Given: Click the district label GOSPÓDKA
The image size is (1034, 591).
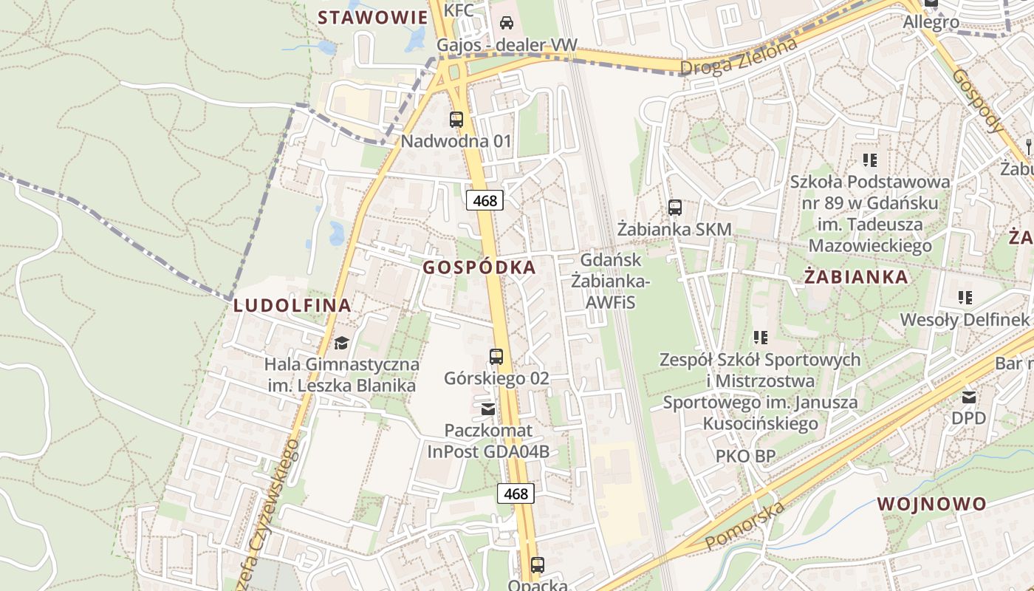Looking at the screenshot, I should (x=479, y=267).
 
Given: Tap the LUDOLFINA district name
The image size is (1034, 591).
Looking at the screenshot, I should (x=292, y=305).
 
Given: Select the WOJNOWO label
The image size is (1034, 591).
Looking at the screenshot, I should (x=931, y=505).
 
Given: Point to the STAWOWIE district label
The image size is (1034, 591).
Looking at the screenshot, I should (x=372, y=18).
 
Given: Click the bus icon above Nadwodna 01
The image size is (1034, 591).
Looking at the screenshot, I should (x=456, y=119).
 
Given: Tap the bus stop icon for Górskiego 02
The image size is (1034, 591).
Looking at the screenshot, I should (x=496, y=357).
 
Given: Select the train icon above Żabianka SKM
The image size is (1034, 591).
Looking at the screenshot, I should (x=675, y=208).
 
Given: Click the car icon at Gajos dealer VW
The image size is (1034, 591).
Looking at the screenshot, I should (x=507, y=23).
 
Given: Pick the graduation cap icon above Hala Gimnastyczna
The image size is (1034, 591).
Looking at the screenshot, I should (x=341, y=343).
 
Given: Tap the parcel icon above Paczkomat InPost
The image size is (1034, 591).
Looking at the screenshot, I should (x=488, y=409).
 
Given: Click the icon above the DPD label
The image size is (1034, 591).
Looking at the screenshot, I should (x=969, y=397).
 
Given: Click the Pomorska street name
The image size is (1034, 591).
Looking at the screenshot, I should (x=744, y=525).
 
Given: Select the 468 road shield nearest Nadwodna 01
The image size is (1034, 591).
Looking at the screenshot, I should (x=485, y=199).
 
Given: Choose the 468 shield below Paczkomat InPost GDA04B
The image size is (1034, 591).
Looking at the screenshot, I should (x=516, y=493).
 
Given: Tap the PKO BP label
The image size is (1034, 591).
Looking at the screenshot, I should (x=745, y=457).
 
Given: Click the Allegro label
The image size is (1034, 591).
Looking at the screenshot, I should (x=931, y=22).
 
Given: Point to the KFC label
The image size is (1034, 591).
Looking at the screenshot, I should (x=459, y=9).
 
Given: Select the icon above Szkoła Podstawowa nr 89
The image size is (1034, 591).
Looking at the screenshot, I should (x=869, y=160).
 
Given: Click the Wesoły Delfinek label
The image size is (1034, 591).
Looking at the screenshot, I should (x=964, y=320).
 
